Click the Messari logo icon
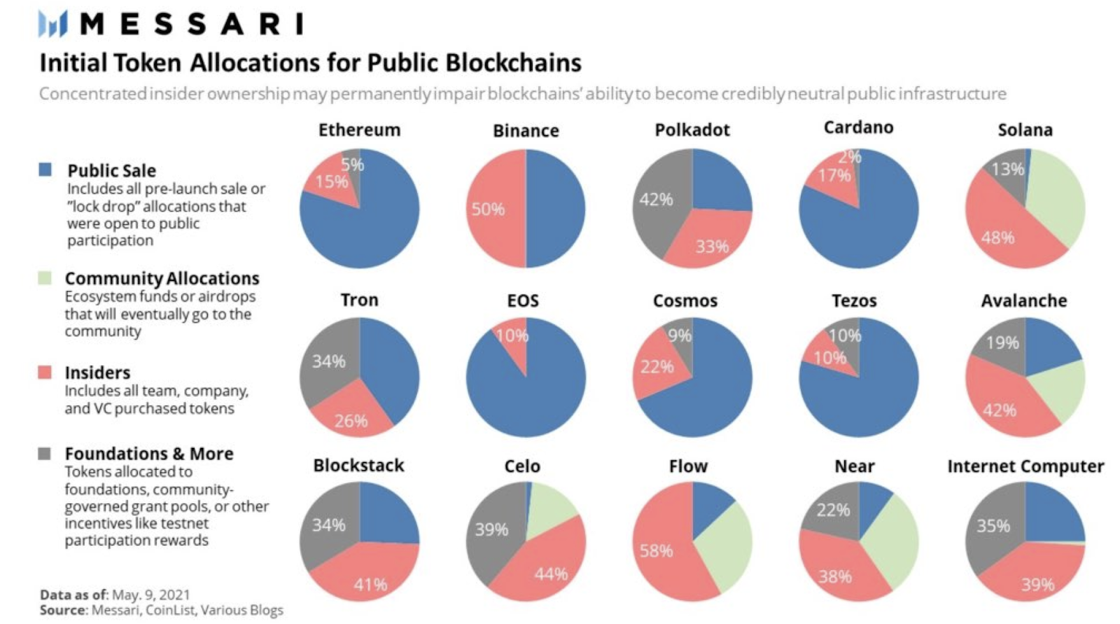[52, 24]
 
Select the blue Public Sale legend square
[45, 169]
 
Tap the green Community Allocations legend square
[45, 278]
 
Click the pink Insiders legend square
[45, 372]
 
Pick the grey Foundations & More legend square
[45, 453]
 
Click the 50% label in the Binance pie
[487, 209]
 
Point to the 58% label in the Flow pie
[656, 551]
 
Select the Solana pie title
[1025, 130]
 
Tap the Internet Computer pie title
[1025, 466]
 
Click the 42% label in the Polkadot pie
[656, 200]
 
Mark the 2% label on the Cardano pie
[849, 157]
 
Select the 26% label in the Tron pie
[351, 420]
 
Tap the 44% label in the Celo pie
[551, 574]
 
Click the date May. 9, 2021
[150, 595]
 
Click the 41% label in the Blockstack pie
[370, 584]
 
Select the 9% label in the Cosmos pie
[679, 336]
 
